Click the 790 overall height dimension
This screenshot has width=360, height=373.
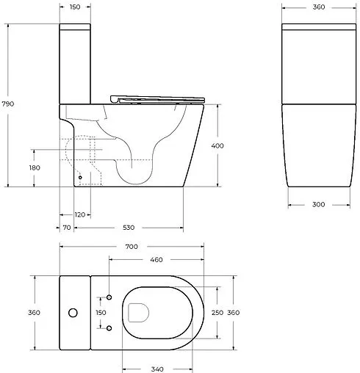tap(10, 104)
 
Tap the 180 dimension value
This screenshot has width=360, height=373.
tap(35, 168)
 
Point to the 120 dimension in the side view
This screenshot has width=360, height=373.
tap(80, 214)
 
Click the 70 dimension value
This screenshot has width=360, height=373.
tap(66, 228)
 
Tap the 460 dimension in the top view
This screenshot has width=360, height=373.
tap(156, 260)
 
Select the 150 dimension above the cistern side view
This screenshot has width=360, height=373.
tap(76, 7)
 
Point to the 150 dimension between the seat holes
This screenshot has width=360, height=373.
tap(101, 313)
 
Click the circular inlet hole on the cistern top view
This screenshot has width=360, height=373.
tap(72, 313)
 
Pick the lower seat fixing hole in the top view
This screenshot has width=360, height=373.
tap(109, 327)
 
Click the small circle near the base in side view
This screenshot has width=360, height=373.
tap(79, 177)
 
